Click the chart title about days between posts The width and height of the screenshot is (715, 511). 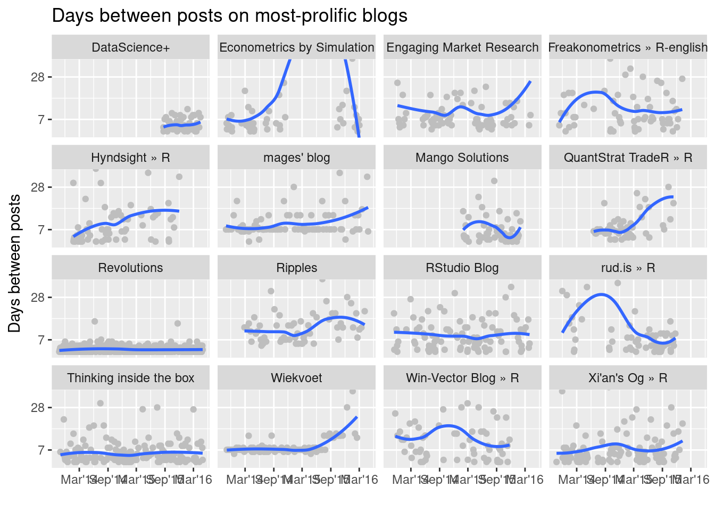click(230, 16)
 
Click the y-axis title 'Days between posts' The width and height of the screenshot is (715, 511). click(15, 263)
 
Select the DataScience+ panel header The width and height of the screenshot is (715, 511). click(131, 47)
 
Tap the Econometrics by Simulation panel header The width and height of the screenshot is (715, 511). click(297, 47)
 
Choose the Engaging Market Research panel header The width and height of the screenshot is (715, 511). click(462, 47)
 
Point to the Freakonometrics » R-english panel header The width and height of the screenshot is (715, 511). click(628, 47)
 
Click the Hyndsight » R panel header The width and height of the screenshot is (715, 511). click(131, 158)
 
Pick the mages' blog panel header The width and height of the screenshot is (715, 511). click(297, 158)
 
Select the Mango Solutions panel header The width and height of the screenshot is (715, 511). click(462, 158)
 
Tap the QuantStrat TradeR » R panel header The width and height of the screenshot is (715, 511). click(628, 158)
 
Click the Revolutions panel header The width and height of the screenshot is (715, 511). click(131, 268)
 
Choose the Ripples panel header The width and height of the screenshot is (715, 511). click(297, 268)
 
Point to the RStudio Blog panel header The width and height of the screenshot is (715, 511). click(462, 268)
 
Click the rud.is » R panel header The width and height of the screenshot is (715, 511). click(628, 268)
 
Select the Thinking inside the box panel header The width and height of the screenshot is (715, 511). click(131, 378)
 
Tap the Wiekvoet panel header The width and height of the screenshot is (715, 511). click(297, 378)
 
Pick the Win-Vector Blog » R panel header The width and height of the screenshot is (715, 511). click(462, 378)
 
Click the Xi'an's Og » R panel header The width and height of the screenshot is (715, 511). click(628, 378)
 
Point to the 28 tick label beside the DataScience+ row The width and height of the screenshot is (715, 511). click(38, 77)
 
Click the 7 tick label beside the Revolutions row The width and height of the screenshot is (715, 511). click(41, 340)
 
